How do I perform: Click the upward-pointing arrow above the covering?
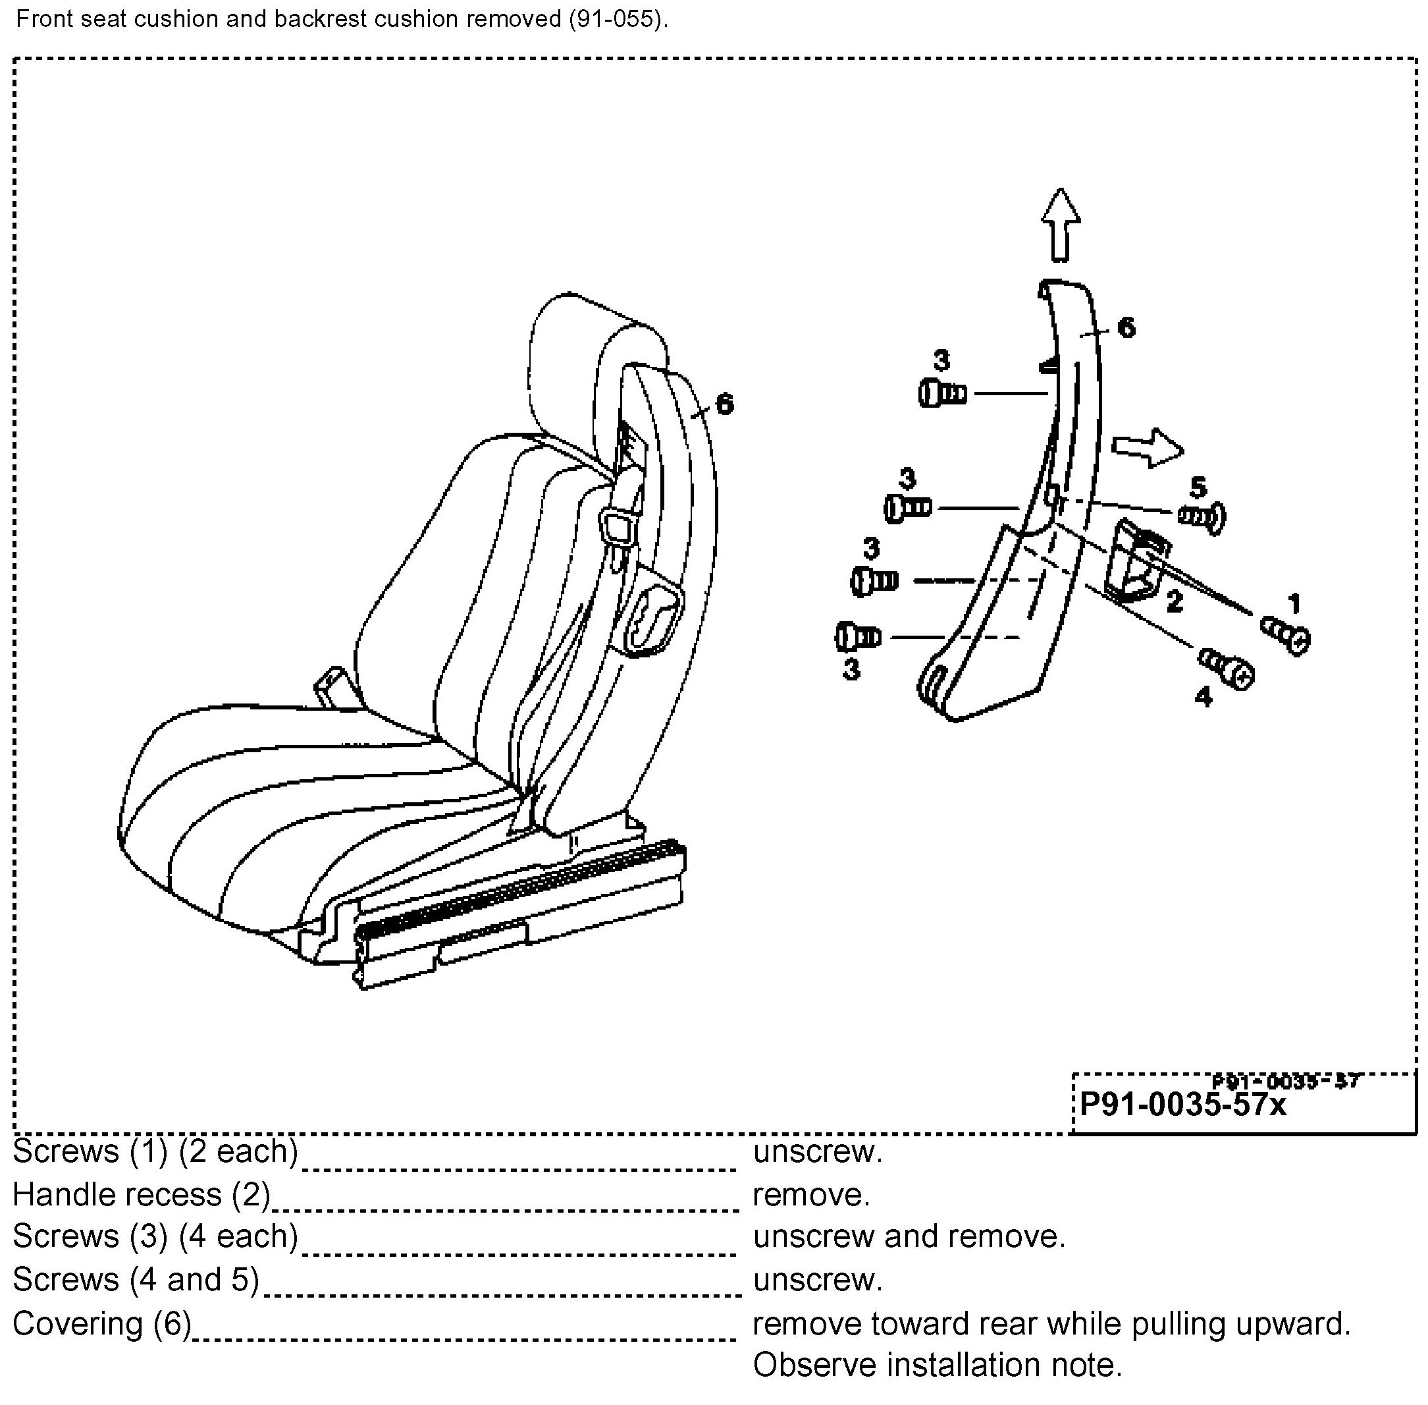1061,225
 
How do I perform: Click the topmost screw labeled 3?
942,393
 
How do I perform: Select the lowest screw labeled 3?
859,636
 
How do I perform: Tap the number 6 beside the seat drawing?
724,404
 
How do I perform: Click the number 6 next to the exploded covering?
1126,327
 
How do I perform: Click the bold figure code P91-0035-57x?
1182,1105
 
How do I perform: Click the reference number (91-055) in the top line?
617,19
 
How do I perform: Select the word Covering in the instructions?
78,1323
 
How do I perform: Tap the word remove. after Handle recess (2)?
810,1195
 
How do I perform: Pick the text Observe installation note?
937,1365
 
